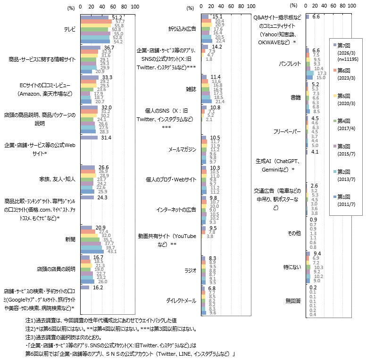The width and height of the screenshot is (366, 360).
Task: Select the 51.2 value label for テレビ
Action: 117,17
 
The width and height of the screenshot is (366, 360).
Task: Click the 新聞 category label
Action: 70,240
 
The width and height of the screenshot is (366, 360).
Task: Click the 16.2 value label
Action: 98,287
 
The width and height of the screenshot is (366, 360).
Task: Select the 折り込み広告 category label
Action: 182,29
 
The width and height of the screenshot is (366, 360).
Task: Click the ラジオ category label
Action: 190,270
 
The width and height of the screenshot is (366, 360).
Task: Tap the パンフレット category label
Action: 290,62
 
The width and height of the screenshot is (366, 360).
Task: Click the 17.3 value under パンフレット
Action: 322,73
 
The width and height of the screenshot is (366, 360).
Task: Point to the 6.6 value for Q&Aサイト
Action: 316,16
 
